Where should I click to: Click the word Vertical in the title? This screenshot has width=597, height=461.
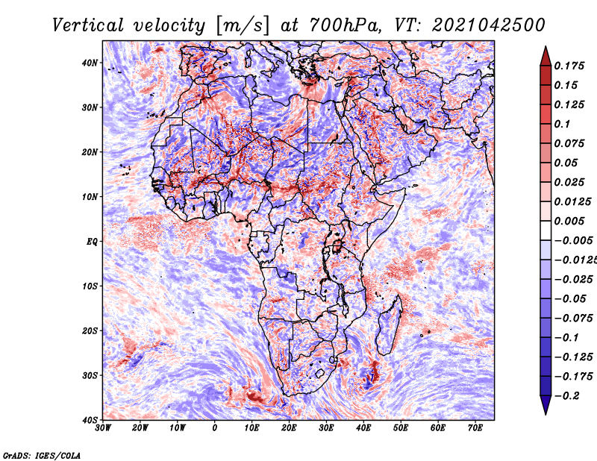87,25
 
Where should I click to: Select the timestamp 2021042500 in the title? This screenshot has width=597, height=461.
489,25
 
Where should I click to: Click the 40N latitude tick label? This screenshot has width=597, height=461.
90,63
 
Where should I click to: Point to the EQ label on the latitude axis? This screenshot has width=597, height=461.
92,242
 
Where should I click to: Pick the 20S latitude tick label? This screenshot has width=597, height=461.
90,330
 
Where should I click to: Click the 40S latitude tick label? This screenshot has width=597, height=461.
90,420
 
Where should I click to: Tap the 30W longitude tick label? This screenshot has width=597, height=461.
103,428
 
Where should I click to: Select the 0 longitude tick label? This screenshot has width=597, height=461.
215,428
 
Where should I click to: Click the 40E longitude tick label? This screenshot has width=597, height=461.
363,428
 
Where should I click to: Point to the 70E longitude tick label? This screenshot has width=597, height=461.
475,428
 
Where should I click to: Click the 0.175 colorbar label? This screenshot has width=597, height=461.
569,66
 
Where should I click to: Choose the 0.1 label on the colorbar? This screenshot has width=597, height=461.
562,124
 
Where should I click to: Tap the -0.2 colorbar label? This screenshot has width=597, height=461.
566,396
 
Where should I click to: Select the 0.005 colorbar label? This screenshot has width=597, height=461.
569,221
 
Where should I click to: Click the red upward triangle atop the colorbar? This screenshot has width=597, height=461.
546,56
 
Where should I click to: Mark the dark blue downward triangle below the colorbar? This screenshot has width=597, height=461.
546,405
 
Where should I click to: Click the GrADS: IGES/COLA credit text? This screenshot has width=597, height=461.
42,455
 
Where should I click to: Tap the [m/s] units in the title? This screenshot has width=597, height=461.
243,25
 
